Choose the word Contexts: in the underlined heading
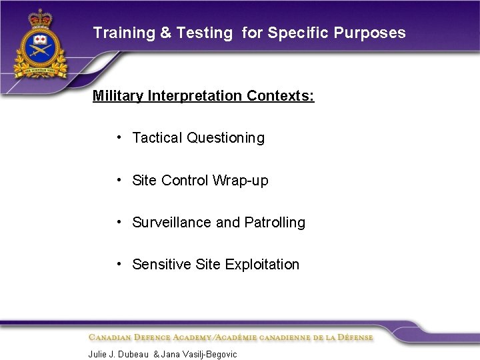(x=280, y=96)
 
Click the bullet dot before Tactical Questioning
(x=118, y=137)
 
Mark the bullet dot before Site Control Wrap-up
(x=118, y=179)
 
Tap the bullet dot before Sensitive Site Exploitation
(x=118, y=264)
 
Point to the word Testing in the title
(x=205, y=33)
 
